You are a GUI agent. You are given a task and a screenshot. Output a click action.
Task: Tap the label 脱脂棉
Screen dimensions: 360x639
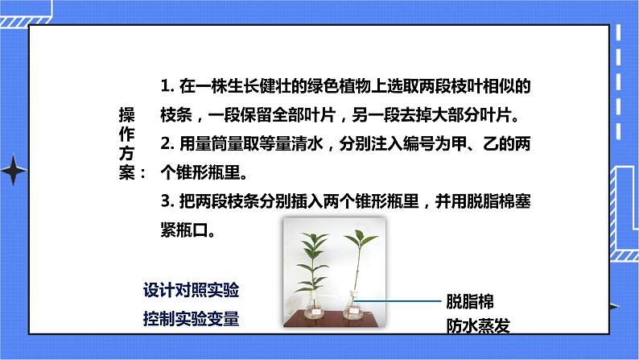click(x=470, y=300)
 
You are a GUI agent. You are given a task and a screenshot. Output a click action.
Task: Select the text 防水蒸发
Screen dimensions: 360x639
click(x=479, y=325)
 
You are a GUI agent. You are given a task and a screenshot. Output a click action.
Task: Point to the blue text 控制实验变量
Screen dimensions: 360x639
click(x=191, y=317)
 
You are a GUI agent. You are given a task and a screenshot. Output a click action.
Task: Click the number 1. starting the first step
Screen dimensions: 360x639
click(x=167, y=85)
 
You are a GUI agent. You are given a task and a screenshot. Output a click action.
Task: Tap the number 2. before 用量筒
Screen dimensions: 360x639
click(x=167, y=145)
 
